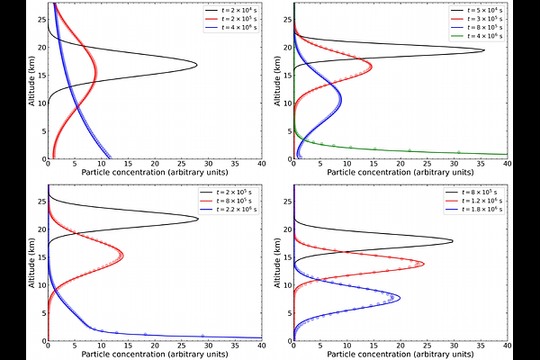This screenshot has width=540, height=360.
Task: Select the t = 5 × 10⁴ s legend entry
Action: pos(478,10)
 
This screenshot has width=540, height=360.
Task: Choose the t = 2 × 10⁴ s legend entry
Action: pos(232,10)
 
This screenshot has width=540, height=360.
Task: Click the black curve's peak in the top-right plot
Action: pos(484,50)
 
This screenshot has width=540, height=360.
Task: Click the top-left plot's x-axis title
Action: pos(154,171)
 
